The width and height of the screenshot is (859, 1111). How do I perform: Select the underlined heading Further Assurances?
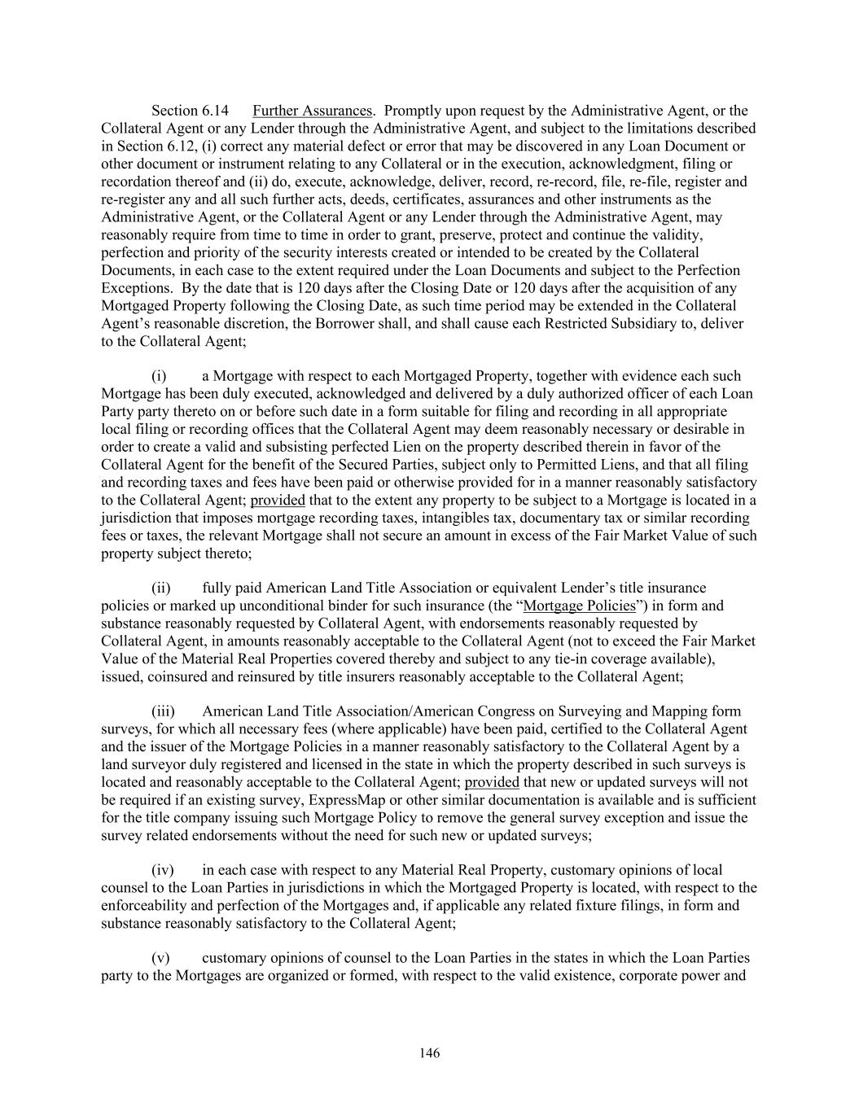tap(313, 111)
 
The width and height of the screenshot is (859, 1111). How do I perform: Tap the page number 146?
tap(430, 1053)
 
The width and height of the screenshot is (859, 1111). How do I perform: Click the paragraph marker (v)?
tap(160, 958)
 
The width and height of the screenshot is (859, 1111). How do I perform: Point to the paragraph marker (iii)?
tap(164, 711)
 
